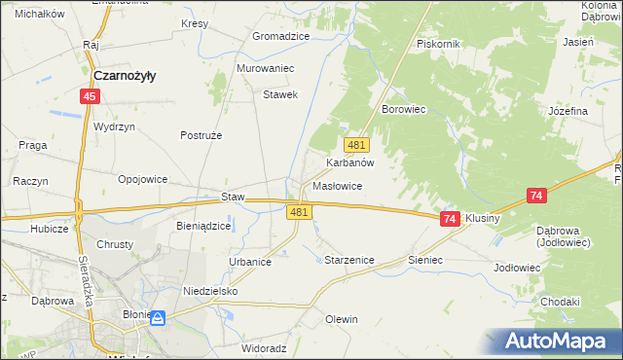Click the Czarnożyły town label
(x=127, y=75)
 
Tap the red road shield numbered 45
(x=90, y=95)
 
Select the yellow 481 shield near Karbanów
(x=356, y=145)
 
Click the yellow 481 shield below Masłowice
(x=299, y=212)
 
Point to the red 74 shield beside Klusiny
(x=449, y=219)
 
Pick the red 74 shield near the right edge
(x=535, y=196)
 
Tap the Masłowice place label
(x=338, y=186)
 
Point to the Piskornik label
(x=438, y=45)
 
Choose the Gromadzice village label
(x=280, y=36)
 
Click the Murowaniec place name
(x=266, y=69)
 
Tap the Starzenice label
(x=348, y=260)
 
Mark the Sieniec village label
(x=425, y=261)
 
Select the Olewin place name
(x=342, y=319)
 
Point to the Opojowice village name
(x=143, y=179)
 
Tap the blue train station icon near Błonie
(x=158, y=317)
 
